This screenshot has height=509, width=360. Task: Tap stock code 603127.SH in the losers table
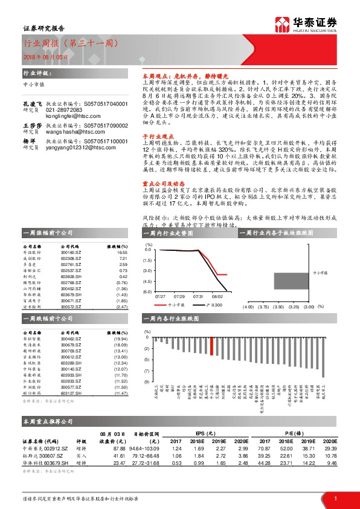[69, 394]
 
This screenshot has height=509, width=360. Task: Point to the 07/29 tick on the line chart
[179, 297]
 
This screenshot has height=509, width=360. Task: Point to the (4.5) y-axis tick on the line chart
[147, 281]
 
